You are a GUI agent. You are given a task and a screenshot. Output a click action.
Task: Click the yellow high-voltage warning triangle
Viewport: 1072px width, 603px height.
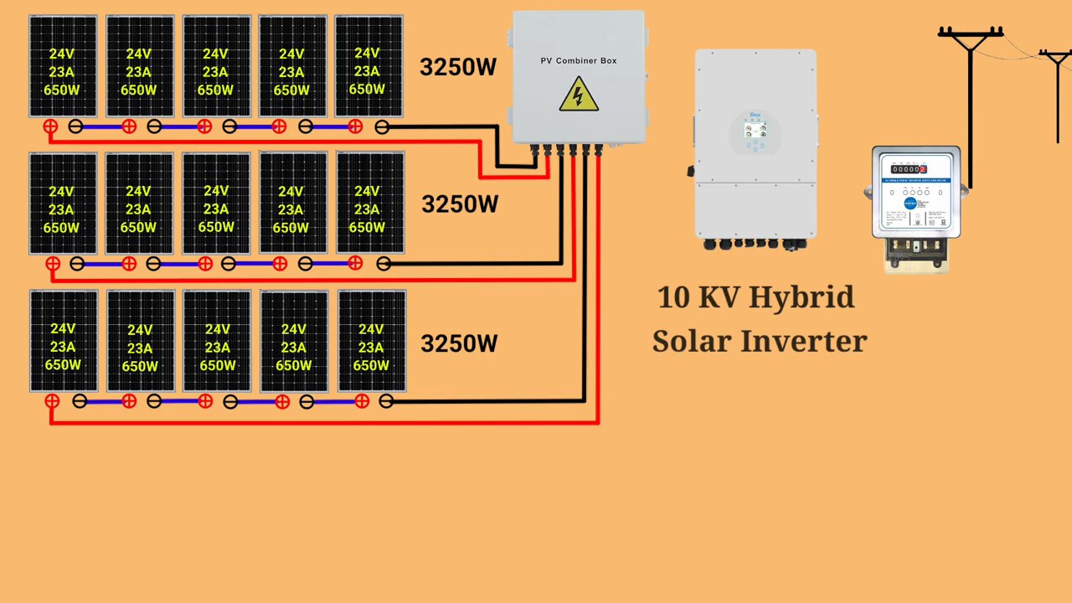tap(578, 95)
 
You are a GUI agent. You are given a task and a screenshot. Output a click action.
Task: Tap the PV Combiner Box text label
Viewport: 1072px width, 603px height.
tap(578, 60)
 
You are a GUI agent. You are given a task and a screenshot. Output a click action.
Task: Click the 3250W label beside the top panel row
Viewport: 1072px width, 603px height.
tap(458, 68)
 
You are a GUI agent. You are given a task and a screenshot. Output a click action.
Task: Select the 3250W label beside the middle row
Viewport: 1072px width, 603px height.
tap(460, 204)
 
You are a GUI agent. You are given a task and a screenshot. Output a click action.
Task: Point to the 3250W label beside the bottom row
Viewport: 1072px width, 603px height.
tap(459, 343)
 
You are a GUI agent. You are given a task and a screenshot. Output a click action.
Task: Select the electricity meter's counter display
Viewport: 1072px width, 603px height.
tap(909, 169)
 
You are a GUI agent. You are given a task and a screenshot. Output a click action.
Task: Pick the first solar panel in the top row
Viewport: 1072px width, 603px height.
tap(63, 66)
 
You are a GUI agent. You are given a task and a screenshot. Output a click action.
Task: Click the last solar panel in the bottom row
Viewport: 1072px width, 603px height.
tap(372, 341)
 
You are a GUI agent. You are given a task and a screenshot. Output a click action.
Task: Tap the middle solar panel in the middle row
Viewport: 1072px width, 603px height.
tap(216, 204)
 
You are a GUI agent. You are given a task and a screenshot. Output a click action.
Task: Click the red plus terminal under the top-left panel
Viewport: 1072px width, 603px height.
tap(50, 126)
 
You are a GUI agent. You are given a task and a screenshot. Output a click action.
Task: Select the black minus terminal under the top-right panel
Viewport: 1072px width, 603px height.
tap(382, 126)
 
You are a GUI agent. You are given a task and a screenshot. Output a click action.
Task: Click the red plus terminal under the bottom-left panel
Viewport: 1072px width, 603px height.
tap(52, 401)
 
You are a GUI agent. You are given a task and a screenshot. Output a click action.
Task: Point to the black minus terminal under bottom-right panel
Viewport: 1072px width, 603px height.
tap(386, 401)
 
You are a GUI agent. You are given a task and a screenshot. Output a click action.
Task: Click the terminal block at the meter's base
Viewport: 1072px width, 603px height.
tap(917, 248)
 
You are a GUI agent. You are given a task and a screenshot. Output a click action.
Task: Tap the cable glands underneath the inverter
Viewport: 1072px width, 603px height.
tap(754, 244)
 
